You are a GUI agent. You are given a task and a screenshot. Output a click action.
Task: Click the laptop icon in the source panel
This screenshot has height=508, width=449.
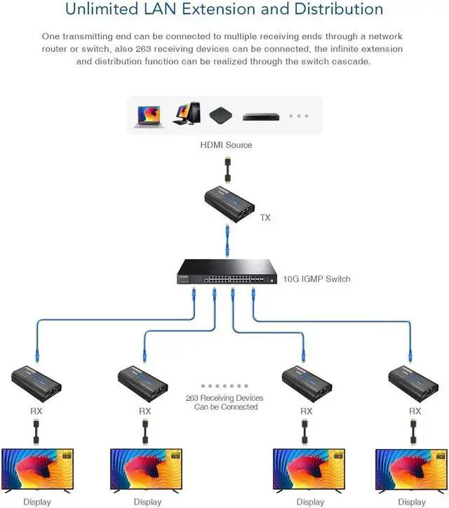click(148, 116)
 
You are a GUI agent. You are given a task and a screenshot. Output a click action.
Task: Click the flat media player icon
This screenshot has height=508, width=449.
click(261, 116)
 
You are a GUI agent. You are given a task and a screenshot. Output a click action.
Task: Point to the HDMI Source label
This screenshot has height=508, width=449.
click(225, 145)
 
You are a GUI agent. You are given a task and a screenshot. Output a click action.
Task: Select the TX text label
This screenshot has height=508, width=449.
click(265, 218)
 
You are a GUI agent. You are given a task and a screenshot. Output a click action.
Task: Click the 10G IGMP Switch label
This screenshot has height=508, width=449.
click(316, 279)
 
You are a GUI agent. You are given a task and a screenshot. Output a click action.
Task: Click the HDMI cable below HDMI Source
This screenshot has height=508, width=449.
click(226, 170)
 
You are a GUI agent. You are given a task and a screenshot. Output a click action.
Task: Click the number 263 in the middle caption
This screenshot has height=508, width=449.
click(194, 398)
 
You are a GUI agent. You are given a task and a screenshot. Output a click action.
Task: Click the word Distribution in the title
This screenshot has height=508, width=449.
click(336, 10)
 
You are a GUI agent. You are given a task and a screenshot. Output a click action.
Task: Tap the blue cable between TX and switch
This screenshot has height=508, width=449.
click(226, 241)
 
